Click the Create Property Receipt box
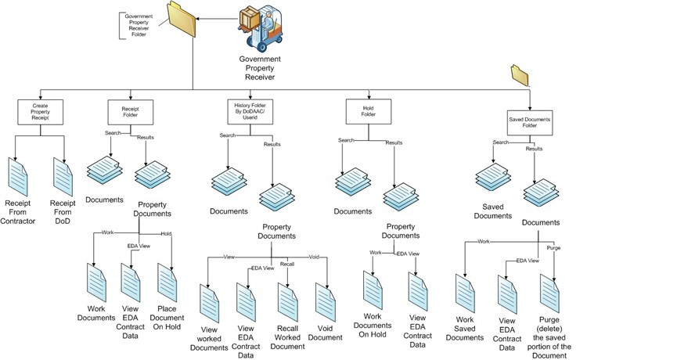[x=39, y=111]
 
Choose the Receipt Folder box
[x=128, y=111]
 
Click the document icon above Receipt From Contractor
[x=18, y=175]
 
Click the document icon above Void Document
[x=325, y=301]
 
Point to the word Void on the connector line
[x=314, y=257]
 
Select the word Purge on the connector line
[x=554, y=248]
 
